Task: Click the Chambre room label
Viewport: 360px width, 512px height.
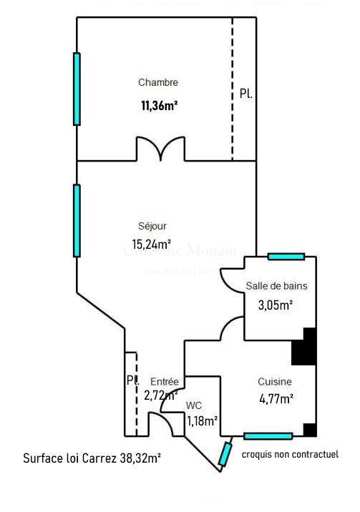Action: (157, 83)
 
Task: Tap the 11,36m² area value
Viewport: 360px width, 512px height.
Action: (159, 106)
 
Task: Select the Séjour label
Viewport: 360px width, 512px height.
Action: (152, 226)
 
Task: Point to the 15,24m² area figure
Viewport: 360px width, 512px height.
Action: (151, 244)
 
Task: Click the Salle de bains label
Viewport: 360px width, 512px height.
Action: (276, 286)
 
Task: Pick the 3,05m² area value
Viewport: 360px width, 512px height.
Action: (276, 305)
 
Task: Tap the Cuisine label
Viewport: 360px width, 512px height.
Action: (275, 382)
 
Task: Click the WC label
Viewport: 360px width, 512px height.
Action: (194, 405)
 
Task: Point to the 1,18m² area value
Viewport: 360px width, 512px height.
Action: (202, 420)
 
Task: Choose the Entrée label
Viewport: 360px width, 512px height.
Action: (164, 382)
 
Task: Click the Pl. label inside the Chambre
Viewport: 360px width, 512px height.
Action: (245, 94)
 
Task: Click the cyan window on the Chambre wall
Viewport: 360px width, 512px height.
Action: (77, 89)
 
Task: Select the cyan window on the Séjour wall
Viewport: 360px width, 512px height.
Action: (77, 220)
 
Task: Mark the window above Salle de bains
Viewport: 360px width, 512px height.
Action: (286, 257)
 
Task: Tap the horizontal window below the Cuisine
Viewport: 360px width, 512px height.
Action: (268, 436)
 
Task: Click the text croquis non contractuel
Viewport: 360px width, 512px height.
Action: (290, 455)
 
